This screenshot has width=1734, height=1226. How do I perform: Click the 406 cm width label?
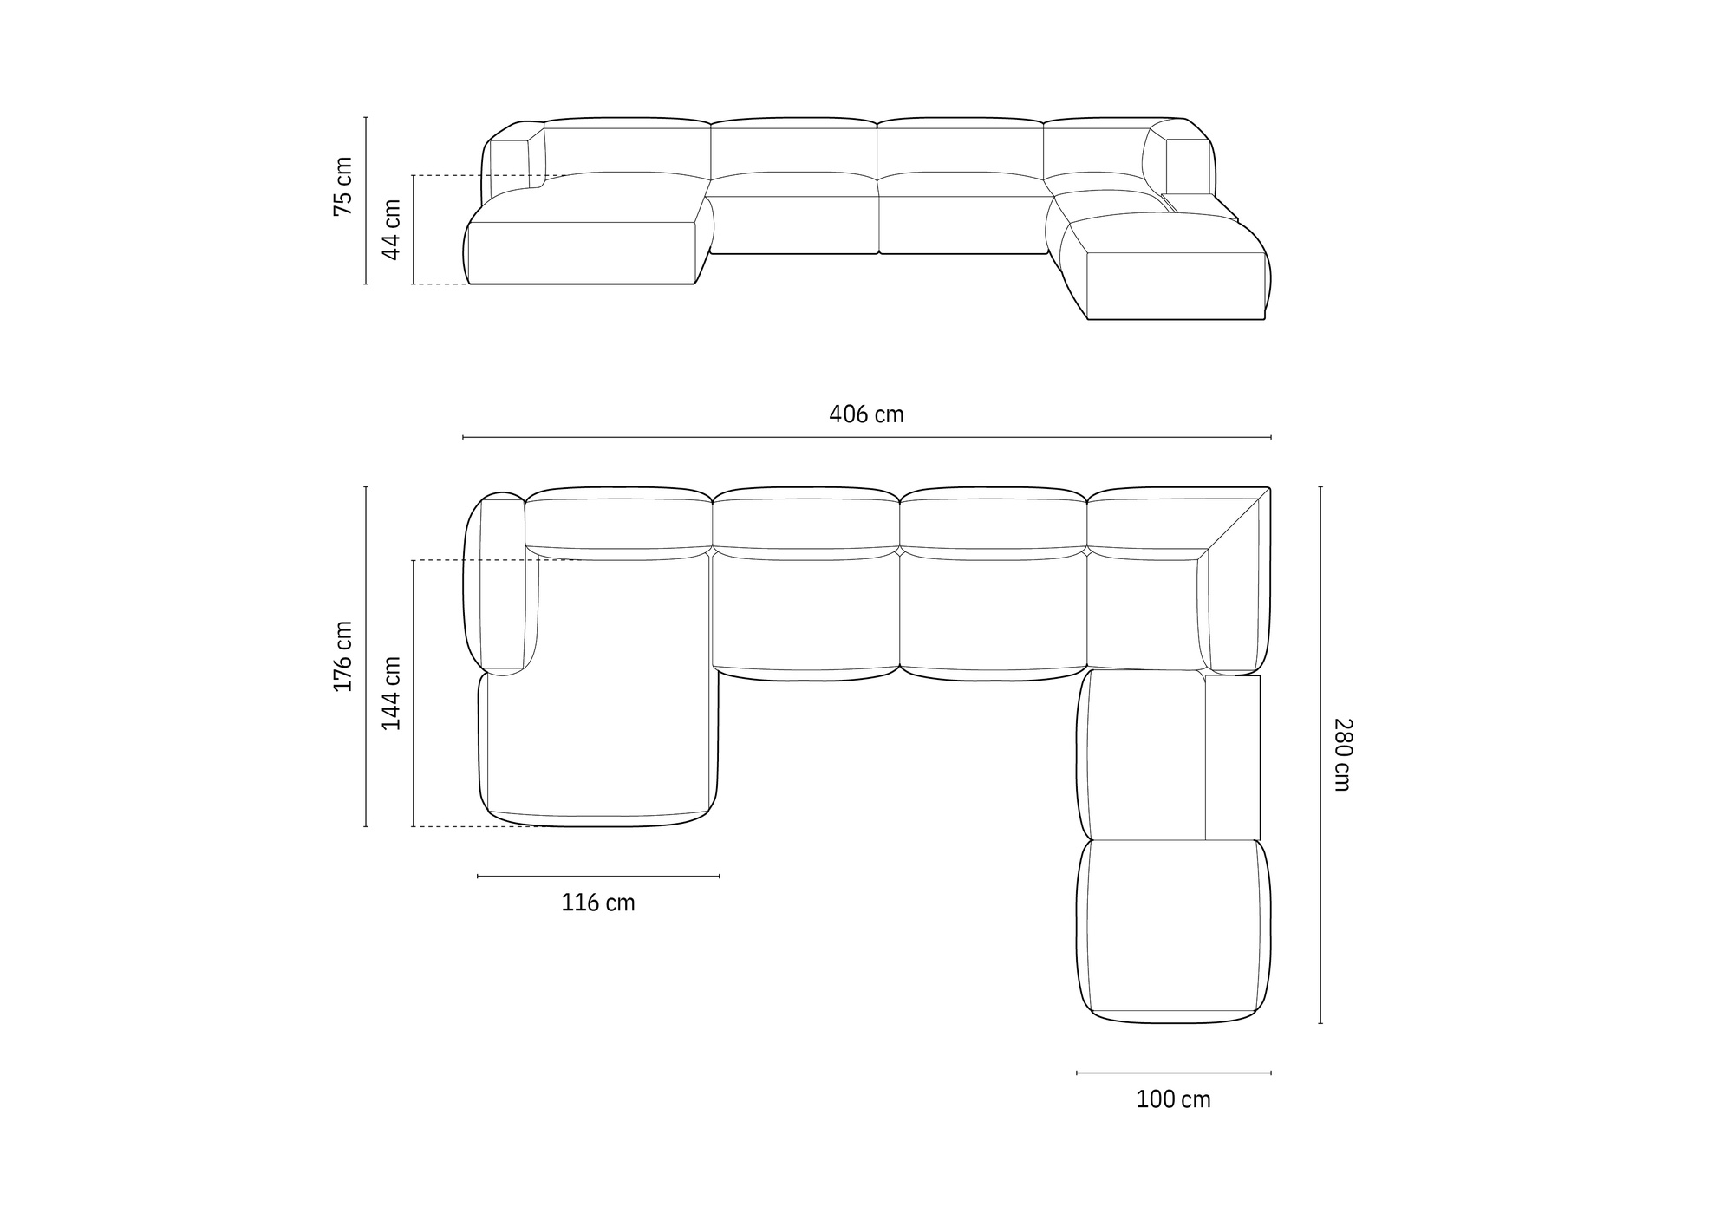[866, 414]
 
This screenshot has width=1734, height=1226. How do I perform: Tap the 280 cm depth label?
[1342, 754]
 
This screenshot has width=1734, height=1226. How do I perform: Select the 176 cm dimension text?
[343, 656]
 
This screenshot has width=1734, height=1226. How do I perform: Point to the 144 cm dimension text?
[392, 693]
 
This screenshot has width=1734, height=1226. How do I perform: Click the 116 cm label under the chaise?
[598, 903]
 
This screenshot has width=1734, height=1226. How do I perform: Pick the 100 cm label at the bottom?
[1173, 1099]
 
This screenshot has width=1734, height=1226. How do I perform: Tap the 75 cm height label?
[343, 186]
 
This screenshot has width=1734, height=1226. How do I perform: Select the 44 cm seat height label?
[392, 230]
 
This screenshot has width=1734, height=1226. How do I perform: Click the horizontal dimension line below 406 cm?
[867, 437]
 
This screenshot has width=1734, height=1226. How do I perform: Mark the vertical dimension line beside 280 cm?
[1320, 754]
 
